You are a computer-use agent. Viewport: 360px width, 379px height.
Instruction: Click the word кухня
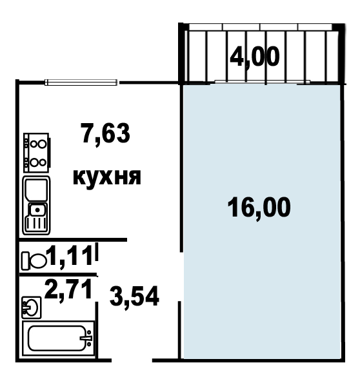tap(107, 177)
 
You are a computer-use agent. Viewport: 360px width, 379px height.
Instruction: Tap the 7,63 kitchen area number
tap(106, 133)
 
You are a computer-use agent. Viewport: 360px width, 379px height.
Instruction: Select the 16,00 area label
tap(259, 207)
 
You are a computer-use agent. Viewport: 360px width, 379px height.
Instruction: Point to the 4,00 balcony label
tap(255, 57)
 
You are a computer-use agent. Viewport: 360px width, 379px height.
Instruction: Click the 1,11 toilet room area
tap(70, 256)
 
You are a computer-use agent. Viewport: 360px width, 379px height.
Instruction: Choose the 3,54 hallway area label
tap(134, 296)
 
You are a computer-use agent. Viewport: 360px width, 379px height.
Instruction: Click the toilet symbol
tap(34, 261)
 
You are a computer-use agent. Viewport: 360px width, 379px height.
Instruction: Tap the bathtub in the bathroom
tap(58, 338)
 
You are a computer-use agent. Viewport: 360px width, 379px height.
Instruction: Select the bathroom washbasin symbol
tap(32, 307)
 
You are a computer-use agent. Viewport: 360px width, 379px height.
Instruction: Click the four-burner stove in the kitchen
tap(37, 153)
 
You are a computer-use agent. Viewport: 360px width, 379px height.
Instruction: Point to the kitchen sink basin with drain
tap(37, 209)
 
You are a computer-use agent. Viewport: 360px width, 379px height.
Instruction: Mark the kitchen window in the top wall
tap(81, 83)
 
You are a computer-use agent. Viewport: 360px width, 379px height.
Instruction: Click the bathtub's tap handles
tap(87, 338)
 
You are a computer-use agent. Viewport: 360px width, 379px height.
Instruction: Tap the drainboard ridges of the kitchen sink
tap(36, 223)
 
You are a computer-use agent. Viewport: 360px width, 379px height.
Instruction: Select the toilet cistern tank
tap(25, 261)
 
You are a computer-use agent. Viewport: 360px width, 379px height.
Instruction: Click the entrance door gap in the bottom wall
tap(132, 361)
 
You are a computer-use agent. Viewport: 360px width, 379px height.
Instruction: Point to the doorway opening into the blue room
tap(181, 277)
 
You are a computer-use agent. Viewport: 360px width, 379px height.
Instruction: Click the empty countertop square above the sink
tap(37, 189)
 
